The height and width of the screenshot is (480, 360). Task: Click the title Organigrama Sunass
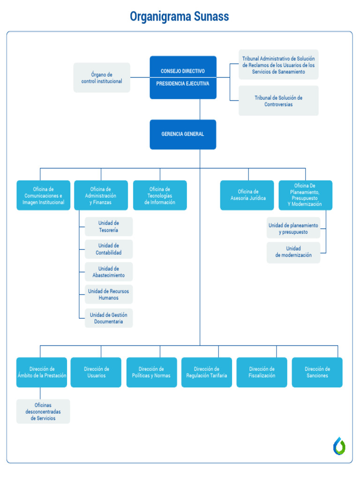pos(180,17)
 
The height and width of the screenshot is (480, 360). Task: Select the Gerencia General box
pos(183,134)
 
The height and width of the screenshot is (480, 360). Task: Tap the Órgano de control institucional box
pos(102,78)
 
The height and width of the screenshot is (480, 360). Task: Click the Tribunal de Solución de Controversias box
pos(278,101)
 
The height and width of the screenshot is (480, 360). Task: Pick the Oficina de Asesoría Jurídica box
pos(247,195)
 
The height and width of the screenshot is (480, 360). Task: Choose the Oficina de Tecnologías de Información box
pos(160,195)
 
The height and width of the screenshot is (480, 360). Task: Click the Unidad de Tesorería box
pos(109,226)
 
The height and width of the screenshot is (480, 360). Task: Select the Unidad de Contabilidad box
pos(109,249)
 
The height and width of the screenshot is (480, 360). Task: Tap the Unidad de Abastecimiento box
pos(109,272)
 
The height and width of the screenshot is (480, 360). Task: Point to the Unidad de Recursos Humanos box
pos(109,294)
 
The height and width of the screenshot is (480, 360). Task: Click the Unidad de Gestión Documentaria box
pos(109,318)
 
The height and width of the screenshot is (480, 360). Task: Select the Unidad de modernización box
pos(293,252)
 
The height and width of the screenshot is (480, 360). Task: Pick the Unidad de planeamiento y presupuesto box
pos(293,228)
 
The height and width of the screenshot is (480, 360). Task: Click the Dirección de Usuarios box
pos(96,372)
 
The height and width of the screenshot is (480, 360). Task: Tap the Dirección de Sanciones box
pos(317,372)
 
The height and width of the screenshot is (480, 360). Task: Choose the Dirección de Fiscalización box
pos(262,372)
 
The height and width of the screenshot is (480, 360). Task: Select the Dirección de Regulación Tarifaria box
pos(207,372)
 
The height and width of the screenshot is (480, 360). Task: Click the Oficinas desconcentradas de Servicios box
pos(43,412)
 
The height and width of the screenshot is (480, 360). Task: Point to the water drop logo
pos(339,446)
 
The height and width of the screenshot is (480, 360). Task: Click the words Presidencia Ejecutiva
pos(183,83)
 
